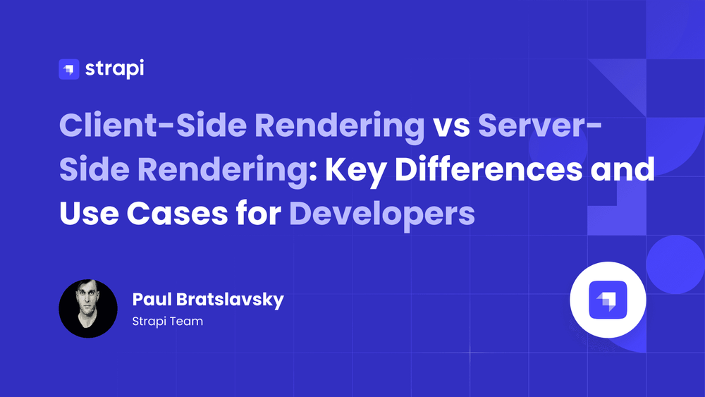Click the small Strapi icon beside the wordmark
tap(69, 69)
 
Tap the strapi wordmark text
tap(115, 69)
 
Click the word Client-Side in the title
tap(153, 125)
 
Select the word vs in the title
tap(451, 127)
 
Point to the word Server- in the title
tap(539, 126)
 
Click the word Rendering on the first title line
tap(340, 128)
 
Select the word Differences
tap(489, 169)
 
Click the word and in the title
tap(623, 169)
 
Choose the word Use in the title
tap(89, 214)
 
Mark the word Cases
tap(177, 214)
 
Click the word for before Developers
tap(259, 213)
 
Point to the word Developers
tap(382, 216)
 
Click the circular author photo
tap(88, 308)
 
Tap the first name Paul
tap(151, 300)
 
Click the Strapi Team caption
tap(168, 322)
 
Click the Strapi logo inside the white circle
tap(608, 300)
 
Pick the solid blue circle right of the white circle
tap(675, 264)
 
